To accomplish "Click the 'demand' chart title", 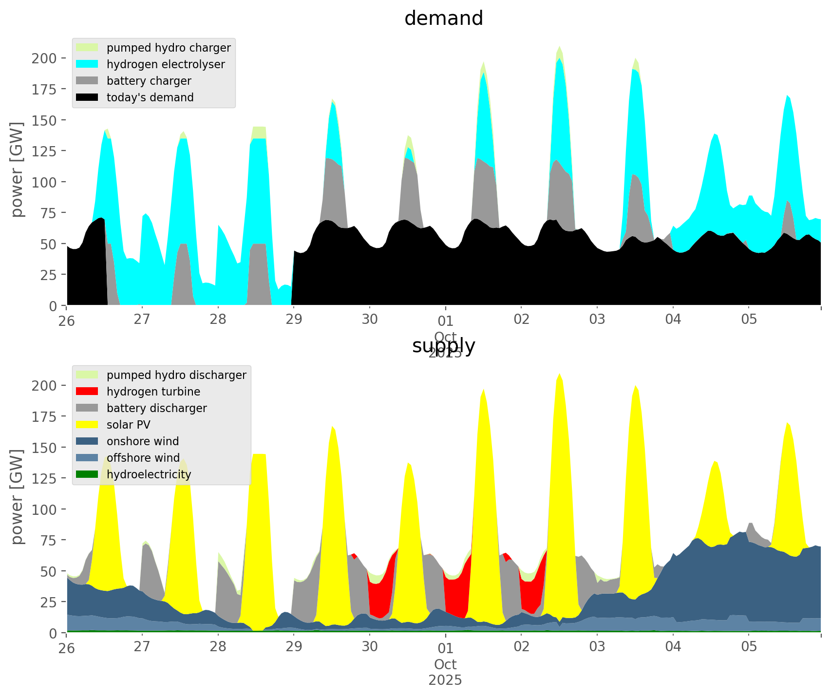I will pos(443,19).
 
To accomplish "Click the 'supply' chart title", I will pos(443,346).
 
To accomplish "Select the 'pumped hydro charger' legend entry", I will pos(168,48).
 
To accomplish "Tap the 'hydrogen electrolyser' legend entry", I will pos(165,64).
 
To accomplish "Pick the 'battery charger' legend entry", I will pos(149,81).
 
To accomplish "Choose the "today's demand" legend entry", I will pos(150,97).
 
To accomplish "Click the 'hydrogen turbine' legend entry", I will pos(153,392).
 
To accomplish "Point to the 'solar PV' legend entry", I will pos(128,425).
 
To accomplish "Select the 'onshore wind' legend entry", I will pos(142,441).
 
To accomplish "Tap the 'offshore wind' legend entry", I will pos(143,458).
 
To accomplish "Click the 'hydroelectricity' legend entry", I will pos(149,474).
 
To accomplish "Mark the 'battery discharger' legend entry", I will pos(156,408).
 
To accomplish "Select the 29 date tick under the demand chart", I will pos(294,320).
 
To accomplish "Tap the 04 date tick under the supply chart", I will pos(673,647).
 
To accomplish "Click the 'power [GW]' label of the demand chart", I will pos(17,170).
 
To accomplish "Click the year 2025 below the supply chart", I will pos(445,680).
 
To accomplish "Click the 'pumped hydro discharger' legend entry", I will pos(176,375).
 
